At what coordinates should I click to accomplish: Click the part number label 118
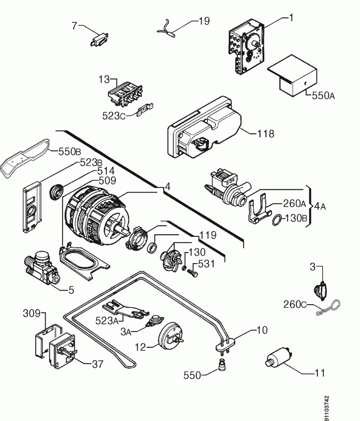pyautogui.click(x=266, y=134)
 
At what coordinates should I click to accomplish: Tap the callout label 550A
pyautogui.click(x=323, y=96)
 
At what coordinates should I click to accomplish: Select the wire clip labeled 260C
pyautogui.click(x=326, y=310)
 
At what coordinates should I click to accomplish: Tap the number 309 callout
pyautogui.click(x=32, y=314)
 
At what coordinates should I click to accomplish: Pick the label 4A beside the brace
pyautogui.click(x=319, y=206)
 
